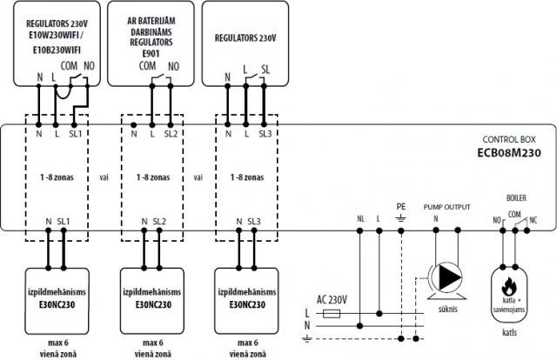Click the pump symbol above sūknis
click(x=446, y=277)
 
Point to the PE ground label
click(x=401, y=206)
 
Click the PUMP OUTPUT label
click(x=446, y=207)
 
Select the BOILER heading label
click(x=516, y=198)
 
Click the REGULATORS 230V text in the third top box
click(x=245, y=37)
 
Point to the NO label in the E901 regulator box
click(x=173, y=65)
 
